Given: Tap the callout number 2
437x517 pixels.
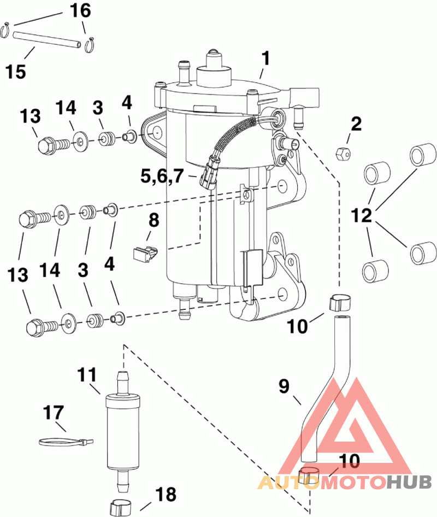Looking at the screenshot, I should tap(356, 125).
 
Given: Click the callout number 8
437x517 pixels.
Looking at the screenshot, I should tap(153, 221).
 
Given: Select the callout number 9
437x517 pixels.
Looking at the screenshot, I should tap(284, 387).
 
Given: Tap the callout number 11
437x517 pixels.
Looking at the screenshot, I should tap(87, 375).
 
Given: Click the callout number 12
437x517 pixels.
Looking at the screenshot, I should tap(362, 214).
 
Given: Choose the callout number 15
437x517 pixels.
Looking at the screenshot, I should tap(16, 71).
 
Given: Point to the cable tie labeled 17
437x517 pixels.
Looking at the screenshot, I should tap(63, 440).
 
